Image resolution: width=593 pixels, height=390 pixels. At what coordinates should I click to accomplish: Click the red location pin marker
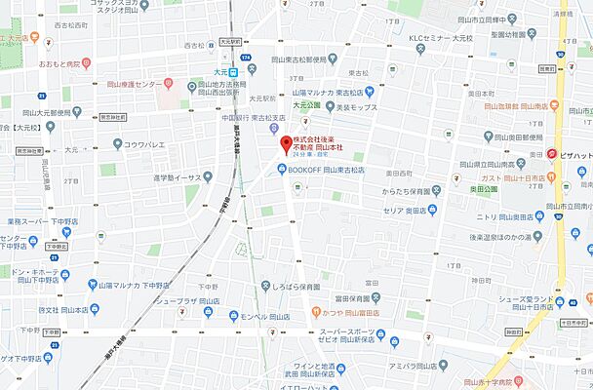pyautogui.click(x=286, y=145)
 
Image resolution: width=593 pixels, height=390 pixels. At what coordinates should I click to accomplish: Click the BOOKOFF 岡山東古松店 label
pyautogui.click(x=326, y=169)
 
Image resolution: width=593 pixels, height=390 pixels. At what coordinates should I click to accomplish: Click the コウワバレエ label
pyautogui.click(x=146, y=143)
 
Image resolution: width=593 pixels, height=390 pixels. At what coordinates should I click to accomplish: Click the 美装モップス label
pyautogui.click(x=357, y=106)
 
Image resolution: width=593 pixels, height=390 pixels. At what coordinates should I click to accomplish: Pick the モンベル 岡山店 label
pyautogui.click(x=263, y=318)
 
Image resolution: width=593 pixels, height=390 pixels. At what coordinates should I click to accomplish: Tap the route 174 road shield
pyautogui.click(x=247, y=60)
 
